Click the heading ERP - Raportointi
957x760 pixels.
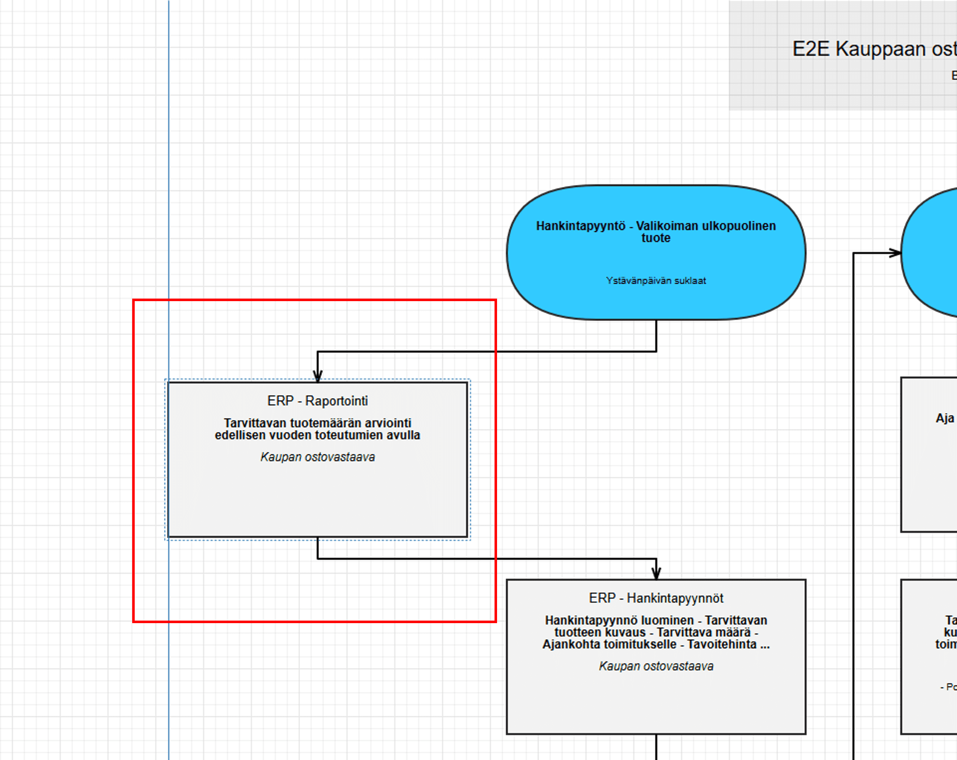pyautogui.click(x=317, y=401)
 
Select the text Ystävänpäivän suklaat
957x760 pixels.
pyautogui.click(x=656, y=281)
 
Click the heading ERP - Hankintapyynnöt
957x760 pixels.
pyautogui.click(x=656, y=598)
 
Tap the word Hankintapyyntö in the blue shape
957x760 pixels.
pyautogui.click(x=580, y=226)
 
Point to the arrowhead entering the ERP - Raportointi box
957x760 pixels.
pyautogui.click(x=318, y=377)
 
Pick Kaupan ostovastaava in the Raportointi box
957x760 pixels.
pyautogui.click(x=317, y=457)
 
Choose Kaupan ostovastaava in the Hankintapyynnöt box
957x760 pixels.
pyautogui.click(x=656, y=666)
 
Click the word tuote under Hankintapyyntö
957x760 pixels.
pyautogui.click(x=656, y=238)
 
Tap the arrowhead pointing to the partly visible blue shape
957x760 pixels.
pyautogui.click(x=896, y=253)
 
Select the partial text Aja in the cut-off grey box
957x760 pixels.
pyautogui.click(x=944, y=418)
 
